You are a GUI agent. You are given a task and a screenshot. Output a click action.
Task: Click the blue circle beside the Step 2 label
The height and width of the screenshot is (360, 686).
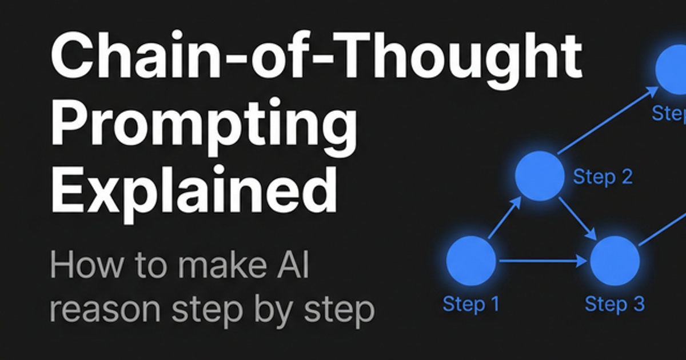(x=539, y=176)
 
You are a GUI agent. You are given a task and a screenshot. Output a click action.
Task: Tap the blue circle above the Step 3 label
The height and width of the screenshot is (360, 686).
(x=615, y=261)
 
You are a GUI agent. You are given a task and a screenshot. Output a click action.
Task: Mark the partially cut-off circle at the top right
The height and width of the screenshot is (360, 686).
(x=675, y=69)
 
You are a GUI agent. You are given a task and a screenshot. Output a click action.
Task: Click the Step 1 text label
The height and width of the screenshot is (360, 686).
(x=470, y=303)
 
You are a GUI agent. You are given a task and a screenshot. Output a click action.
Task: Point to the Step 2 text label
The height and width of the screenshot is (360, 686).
(x=603, y=177)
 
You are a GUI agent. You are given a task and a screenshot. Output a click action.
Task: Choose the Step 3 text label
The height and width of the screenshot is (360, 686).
(x=615, y=303)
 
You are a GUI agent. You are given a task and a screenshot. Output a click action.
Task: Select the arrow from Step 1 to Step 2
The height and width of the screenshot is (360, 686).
(x=504, y=218)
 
